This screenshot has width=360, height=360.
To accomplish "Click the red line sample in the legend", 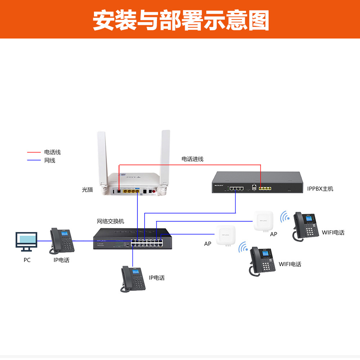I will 34,153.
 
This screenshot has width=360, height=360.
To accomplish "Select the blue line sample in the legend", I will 34,161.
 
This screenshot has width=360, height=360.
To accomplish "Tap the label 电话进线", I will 192,159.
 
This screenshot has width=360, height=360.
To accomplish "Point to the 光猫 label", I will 87,189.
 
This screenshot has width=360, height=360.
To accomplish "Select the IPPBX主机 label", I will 320,189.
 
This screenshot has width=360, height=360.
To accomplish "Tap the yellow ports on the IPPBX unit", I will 265,188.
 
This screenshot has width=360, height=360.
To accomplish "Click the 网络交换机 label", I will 111,221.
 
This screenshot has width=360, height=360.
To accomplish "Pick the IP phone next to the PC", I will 62,240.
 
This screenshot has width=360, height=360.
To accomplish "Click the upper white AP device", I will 263,220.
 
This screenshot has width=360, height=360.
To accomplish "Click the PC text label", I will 27,260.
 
